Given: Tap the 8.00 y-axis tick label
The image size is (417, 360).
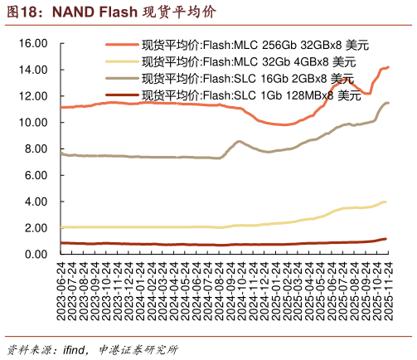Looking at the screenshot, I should tap(35, 149).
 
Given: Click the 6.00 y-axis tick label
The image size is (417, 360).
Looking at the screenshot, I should tap(35, 175).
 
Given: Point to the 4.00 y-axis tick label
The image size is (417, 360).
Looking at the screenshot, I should tap(35, 202).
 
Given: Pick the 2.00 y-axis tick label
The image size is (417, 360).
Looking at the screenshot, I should tap(35, 228).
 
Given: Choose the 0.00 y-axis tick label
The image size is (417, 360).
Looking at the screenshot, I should tap(35, 255).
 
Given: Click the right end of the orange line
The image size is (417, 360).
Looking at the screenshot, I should tap(388, 67).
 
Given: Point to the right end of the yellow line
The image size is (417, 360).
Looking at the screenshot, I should tap(386, 202).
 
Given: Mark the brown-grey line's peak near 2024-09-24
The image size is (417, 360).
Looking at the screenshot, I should tap(239, 142).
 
